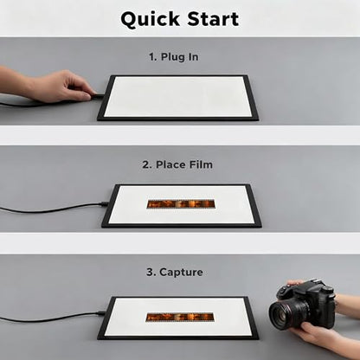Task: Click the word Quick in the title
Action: pyautogui.click(x=150, y=20)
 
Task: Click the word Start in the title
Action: pyautogui.click(x=213, y=19)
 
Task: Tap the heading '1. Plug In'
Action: pyautogui.click(x=174, y=57)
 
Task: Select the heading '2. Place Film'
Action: pyautogui.click(x=177, y=164)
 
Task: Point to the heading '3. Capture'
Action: pyautogui.click(x=175, y=272)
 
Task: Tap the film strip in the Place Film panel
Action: pyautogui.click(x=181, y=204)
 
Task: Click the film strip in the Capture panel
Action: pyautogui.click(x=180, y=318)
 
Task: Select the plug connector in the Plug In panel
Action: pyautogui.click(x=98, y=96)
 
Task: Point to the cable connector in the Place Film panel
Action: pyautogui.click(x=104, y=203)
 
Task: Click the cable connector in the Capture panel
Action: pyautogui.click(x=101, y=313)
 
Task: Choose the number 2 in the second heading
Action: pyautogui.click(x=146, y=165)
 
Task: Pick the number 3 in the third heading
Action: pyautogui.click(x=150, y=273)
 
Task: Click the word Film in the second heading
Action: pyautogui.click(x=201, y=164)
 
